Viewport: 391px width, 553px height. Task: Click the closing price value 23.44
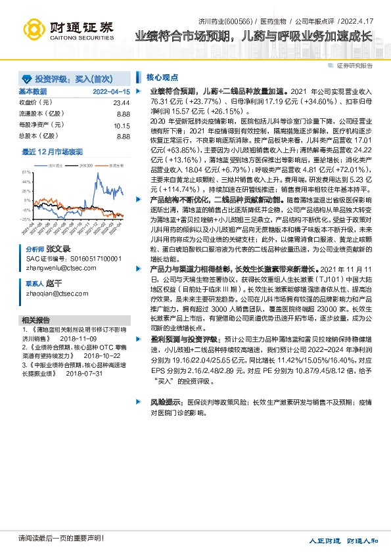coord(122,103)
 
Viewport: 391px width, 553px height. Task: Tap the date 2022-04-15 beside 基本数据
coord(111,91)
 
